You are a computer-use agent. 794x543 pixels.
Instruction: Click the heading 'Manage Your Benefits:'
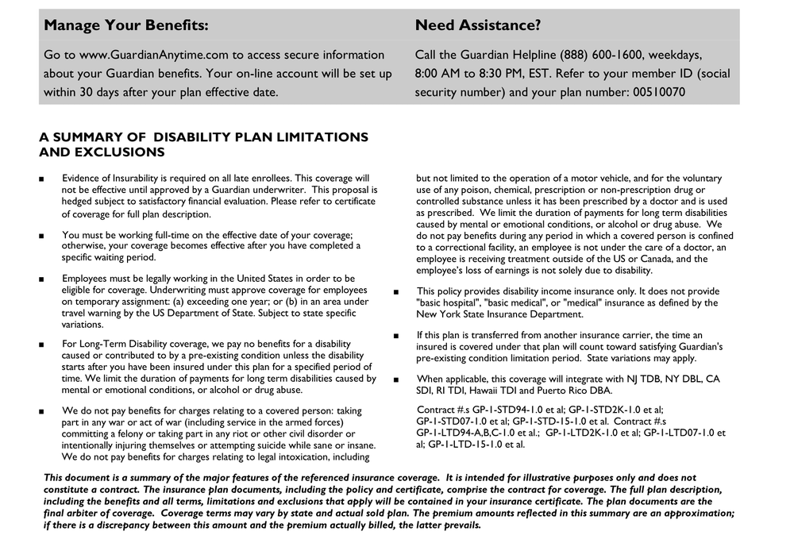click(x=126, y=25)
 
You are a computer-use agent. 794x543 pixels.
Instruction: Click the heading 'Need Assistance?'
click(x=477, y=25)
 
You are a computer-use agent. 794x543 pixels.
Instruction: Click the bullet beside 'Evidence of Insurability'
click(x=41, y=179)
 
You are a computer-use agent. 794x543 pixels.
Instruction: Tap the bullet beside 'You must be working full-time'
click(x=41, y=236)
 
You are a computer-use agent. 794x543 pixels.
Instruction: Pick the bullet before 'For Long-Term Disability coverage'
click(x=41, y=345)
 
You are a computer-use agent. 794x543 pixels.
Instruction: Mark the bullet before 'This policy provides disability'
click(x=396, y=291)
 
